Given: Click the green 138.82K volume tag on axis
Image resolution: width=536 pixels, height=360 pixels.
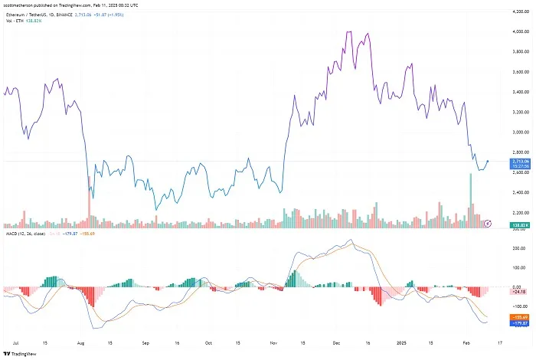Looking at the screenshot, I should tap(520, 223).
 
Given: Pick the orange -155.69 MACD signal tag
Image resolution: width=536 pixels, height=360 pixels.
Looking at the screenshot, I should tap(520, 316).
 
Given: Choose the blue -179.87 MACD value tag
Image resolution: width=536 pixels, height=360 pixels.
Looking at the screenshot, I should tap(520, 323).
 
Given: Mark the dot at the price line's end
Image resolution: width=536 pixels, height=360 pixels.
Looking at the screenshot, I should tap(488, 162).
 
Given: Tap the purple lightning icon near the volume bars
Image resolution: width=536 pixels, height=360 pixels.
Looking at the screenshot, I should tap(489, 223).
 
